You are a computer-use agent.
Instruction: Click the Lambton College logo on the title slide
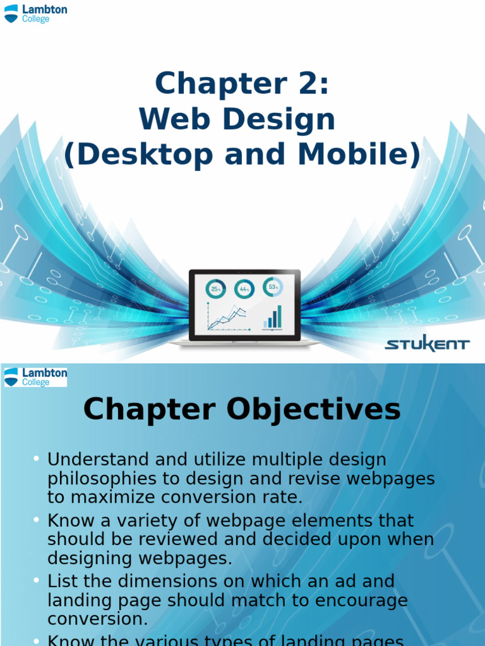(x=35, y=13)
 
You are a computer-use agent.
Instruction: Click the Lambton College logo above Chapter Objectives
(x=35, y=377)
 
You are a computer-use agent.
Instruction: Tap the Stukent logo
(x=428, y=344)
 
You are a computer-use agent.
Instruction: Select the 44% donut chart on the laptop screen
(x=244, y=289)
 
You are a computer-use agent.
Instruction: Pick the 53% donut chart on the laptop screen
(x=273, y=287)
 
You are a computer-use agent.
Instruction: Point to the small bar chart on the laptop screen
(x=273, y=317)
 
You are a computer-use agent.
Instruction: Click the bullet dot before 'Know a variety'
(x=37, y=520)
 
